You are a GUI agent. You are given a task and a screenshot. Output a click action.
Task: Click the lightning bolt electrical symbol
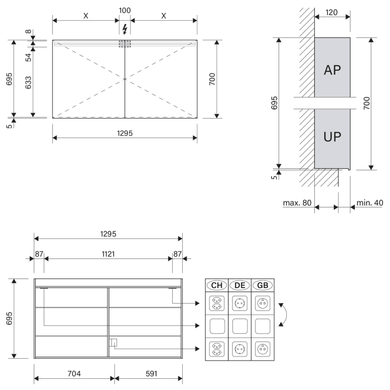click(125, 29)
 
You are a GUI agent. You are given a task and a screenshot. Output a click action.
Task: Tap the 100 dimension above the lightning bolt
click(125, 11)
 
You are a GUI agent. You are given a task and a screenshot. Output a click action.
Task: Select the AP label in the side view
click(332, 70)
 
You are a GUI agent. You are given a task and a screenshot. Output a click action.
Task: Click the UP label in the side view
click(332, 136)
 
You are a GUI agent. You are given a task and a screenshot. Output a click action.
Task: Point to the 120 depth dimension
click(331, 12)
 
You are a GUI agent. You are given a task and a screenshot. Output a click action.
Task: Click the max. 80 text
click(297, 203)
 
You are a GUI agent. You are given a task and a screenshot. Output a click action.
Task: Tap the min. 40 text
click(369, 203)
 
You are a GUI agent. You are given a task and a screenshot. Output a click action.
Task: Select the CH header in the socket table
click(217, 285)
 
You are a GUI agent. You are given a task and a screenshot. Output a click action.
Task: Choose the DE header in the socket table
click(240, 285)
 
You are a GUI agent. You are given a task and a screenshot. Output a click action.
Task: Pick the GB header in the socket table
click(262, 285)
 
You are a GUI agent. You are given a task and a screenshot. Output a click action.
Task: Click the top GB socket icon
click(262, 304)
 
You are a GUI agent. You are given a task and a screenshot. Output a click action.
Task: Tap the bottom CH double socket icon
click(217, 349)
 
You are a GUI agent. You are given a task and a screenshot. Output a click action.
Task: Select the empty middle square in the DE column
click(240, 326)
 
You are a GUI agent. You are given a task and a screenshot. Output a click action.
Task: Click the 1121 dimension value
click(108, 254)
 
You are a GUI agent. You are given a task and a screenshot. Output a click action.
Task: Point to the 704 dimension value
click(74, 374)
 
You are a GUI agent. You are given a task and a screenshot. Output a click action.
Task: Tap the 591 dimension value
click(152, 374)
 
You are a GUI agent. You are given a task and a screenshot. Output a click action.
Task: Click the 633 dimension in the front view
click(28, 82)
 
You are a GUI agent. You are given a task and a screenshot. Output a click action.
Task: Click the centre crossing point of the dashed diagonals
click(125, 79)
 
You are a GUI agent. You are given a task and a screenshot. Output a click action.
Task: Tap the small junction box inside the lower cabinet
click(113, 343)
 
